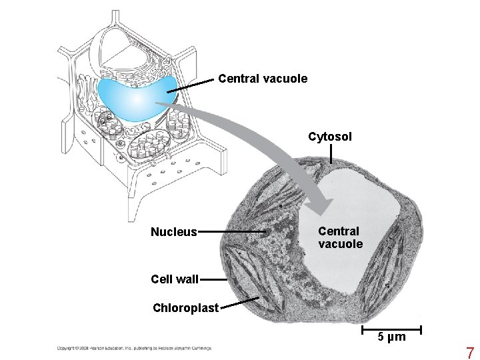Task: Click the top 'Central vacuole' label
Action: tap(263, 79)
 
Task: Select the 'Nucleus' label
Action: tap(173, 232)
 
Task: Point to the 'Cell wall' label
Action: tap(175, 279)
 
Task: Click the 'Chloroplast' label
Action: tap(186, 309)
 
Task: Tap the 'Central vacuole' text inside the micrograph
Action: tap(340, 237)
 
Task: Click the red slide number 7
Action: tap(469, 353)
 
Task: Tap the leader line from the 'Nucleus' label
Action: tap(233, 232)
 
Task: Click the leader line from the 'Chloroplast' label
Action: tap(240, 303)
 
